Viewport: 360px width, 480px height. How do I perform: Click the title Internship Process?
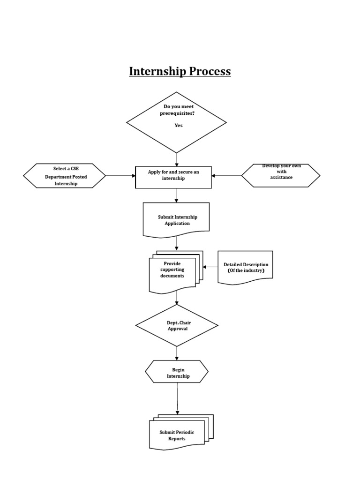click(180, 71)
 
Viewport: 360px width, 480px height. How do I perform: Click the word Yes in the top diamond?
click(179, 125)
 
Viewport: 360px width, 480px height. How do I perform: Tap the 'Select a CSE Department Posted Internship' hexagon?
click(65, 176)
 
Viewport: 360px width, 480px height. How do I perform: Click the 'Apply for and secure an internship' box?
click(173, 177)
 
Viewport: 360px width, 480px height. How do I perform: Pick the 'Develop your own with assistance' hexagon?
click(281, 175)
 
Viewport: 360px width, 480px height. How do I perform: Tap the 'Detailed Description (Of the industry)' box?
click(245, 267)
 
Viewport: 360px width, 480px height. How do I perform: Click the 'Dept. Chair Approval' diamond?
click(177, 325)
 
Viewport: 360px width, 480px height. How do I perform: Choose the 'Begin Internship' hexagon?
click(177, 372)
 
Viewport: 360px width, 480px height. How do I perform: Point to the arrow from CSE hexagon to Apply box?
click(120, 176)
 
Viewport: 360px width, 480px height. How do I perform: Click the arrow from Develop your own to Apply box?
click(226, 176)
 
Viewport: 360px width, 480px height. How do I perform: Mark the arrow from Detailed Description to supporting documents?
click(210, 267)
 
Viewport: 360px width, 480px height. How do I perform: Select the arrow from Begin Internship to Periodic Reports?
click(177, 398)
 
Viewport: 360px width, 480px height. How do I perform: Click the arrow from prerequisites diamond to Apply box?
click(177, 159)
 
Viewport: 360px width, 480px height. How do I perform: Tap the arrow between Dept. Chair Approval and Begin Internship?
click(177, 353)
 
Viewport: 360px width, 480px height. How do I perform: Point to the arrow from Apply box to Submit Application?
click(177, 195)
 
